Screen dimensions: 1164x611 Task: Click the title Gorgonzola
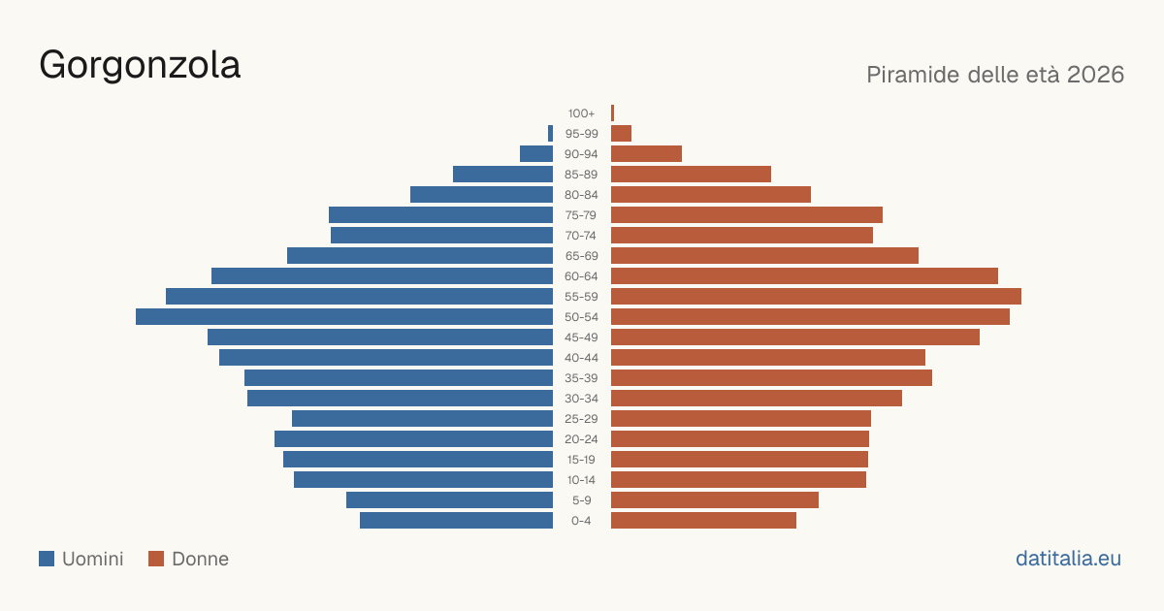click(140, 66)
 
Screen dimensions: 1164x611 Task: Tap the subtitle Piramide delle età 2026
click(995, 75)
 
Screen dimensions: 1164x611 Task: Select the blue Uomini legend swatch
click(47, 559)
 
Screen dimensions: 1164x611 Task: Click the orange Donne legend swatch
click(156, 559)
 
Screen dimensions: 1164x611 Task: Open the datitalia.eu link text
click(1068, 559)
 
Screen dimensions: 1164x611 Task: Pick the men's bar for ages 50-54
click(344, 317)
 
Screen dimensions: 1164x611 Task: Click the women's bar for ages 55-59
click(816, 297)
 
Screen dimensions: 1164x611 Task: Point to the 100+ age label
click(581, 113)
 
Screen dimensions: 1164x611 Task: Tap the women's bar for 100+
click(613, 113)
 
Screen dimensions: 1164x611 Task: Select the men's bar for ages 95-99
click(550, 134)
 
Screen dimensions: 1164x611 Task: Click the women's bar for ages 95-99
click(621, 134)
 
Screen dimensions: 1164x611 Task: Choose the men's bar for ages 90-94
click(536, 154)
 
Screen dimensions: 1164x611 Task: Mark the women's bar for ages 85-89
click(691, 174)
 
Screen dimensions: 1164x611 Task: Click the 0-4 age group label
click(581, 521)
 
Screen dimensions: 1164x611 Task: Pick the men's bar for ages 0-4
click(456, 521)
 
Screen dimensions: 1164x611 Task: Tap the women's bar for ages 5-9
click(715, 500)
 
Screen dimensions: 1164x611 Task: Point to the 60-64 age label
click(581, 276)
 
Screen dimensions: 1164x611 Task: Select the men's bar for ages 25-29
click(423, 419)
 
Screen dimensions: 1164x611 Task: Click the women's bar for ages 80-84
click(711, 195)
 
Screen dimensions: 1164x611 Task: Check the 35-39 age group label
click(581, 378)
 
